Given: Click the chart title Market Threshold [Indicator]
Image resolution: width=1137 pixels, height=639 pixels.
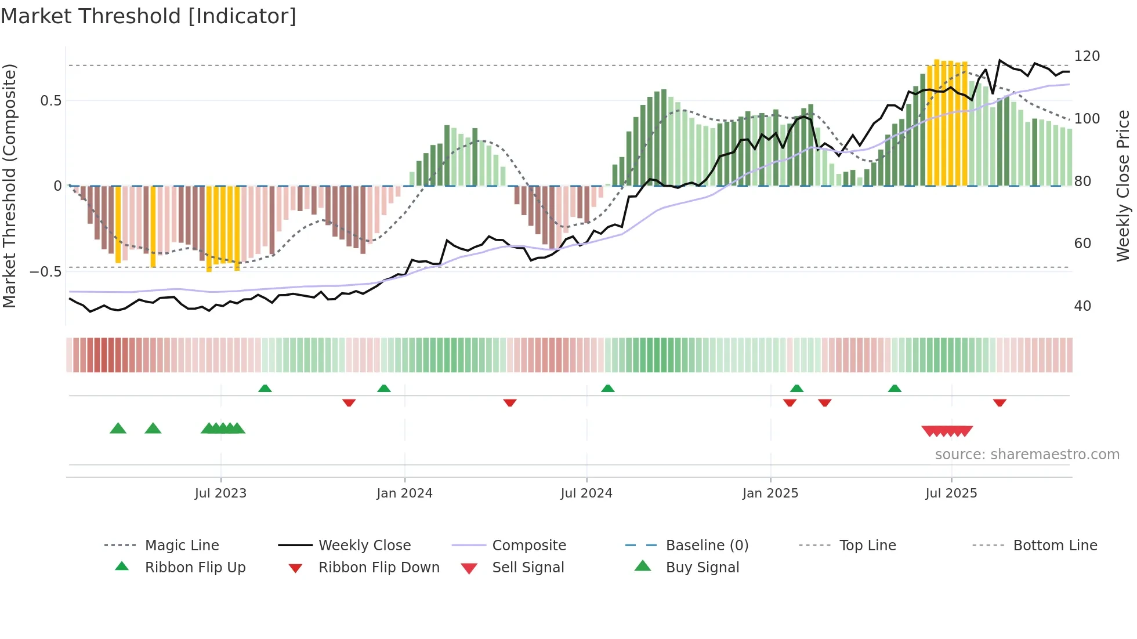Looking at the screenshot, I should pyautogui.click(x=149, y=16).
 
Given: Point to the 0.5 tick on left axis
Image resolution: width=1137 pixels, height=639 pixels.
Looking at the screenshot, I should pyautogui.click(x=50, y=101).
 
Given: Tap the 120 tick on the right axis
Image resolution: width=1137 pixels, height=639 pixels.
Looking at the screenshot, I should pyautogui.click(x=1087, y=56).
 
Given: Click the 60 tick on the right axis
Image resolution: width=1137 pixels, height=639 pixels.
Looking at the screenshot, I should pyautogui.click(x=1082, y=244).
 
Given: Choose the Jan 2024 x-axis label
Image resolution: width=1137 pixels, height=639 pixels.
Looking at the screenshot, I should pyautogui.click(x=404, y=493).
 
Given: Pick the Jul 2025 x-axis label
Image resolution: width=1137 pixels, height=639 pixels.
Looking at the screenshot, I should pyautogui.click(x=951, y=493).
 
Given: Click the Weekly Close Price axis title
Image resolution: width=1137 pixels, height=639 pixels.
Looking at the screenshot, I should pyautogui.click(x=1123, y=186).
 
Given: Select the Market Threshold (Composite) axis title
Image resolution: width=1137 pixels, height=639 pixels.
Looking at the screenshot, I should pyautogui.click(x=9, y=186).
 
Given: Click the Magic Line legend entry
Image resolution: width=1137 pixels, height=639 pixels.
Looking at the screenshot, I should pyautogui.click(x=182, y=546).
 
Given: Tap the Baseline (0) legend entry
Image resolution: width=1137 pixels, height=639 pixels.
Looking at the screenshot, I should pyautogui.click(x=707, y=546).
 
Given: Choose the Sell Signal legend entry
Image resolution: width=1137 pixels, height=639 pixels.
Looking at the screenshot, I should pyautogui.click(x=527, y=568).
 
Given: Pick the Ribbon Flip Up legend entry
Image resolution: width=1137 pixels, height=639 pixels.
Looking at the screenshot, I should pyautogui.click(x=195, y=568).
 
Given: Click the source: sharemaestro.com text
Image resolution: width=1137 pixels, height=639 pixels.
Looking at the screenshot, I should pyautogui.click(x=1027, y=455).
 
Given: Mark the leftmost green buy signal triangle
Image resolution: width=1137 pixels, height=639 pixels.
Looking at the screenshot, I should pyautogui.click(x=118, y=429).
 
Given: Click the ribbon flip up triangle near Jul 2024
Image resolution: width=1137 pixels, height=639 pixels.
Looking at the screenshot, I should pyautogui.click(x=607, y=389).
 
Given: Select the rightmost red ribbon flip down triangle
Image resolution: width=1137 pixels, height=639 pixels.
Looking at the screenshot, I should pyautogui.click(x=1000, y=402).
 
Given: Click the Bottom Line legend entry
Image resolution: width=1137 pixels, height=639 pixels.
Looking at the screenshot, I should pyautogui.click(x=1055, y=546).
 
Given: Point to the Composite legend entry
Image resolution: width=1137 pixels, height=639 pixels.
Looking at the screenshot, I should pyautogui.click(x=528, y=546).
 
